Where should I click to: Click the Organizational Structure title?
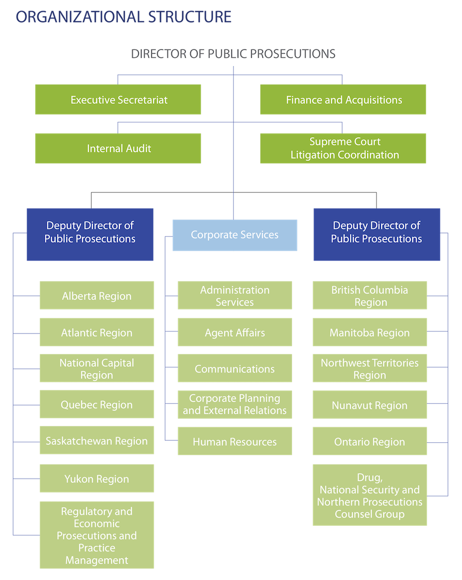(x=124, y=17)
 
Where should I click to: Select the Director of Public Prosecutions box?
(x=233, y=53)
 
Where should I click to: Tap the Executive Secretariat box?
(x=118, y=100)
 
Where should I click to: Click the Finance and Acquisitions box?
(x=343, y=100)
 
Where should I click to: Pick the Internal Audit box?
(x=118, y=148)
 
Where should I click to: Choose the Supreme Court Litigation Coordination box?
(x=343, y=148)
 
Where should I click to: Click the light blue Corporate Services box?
(x=234, y=235)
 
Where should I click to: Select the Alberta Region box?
(x=97, y=296)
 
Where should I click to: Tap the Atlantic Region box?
(x=97, y=333)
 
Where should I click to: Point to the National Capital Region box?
(x=97, y=369)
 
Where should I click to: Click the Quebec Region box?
(x=97, y=405)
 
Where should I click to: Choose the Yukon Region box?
(x=97, y=479)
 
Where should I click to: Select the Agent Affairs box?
(x=234, y=333)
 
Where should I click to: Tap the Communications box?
(x=234, y=369)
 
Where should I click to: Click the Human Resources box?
(x=234, y=442)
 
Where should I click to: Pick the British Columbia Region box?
(x=370, y=296)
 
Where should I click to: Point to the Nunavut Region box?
(x=370, y=406)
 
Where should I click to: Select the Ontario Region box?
(x=370, y=442)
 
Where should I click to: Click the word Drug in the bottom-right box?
(x=370, y=478)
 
